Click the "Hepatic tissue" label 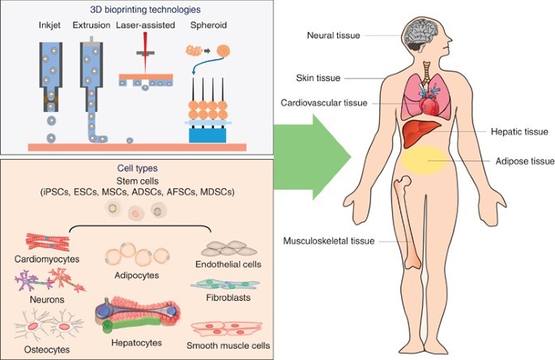coord(520,131)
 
